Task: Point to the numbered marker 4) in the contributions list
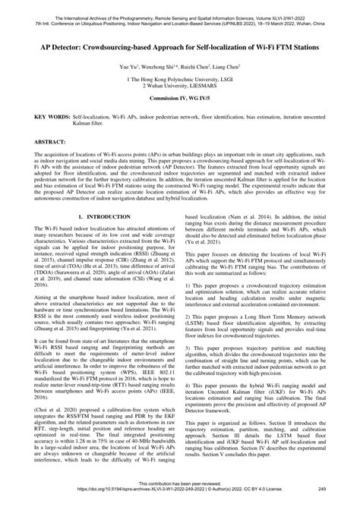click(x=188, y=397)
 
